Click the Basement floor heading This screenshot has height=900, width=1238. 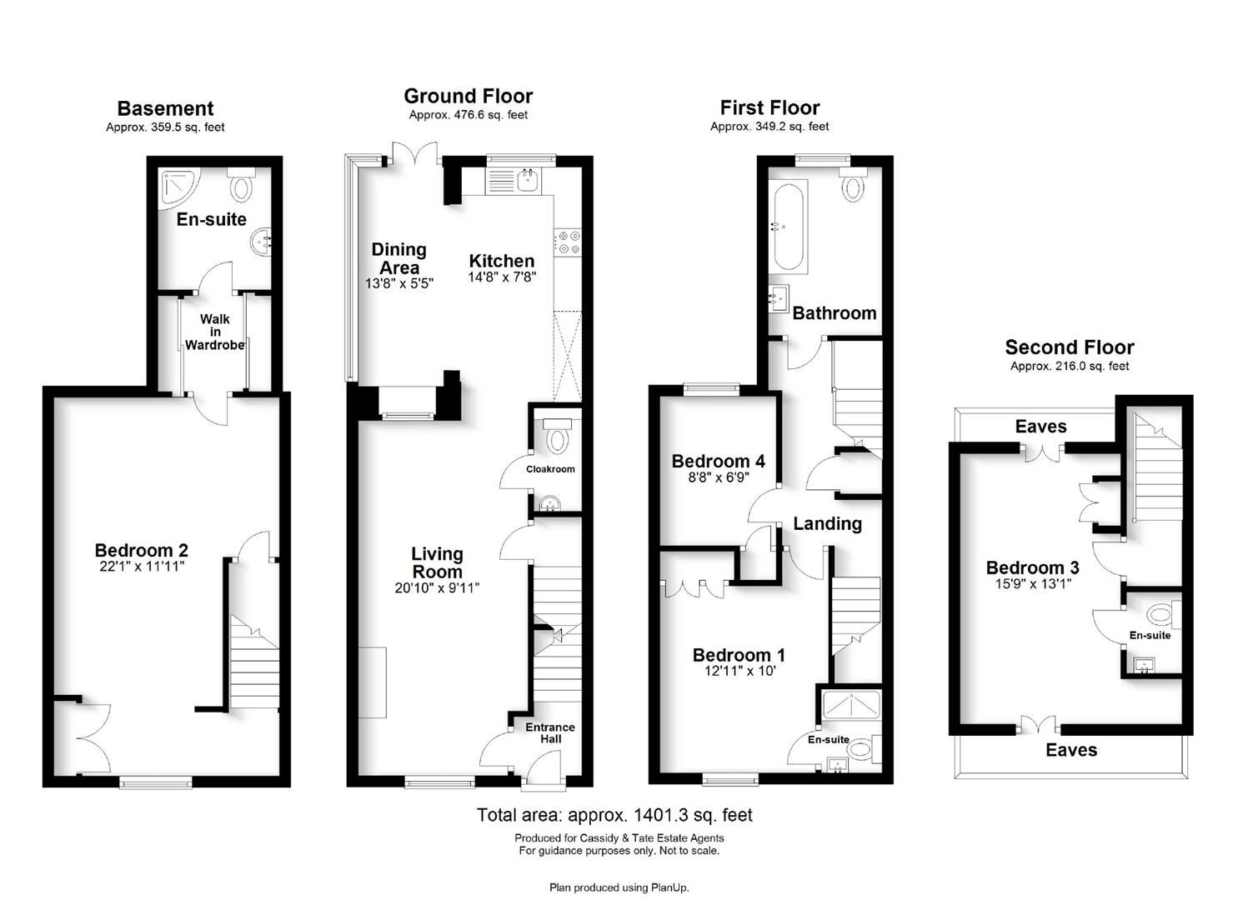(165, 108)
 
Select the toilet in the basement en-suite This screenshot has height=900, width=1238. (241, 184)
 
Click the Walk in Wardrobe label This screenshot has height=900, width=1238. (214, 332)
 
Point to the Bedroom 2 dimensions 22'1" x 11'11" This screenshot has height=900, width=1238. (142, 567)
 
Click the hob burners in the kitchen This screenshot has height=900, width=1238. (568, 242)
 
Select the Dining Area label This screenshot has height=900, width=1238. (399, 258)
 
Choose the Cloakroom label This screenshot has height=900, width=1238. (550, 469)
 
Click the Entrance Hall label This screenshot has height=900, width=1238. (550, 733)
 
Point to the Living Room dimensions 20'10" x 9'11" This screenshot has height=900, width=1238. (437, 587)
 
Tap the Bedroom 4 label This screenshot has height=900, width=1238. (719, 461)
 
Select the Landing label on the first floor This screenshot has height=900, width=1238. (827, 524)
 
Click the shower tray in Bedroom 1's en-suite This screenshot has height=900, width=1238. (850, 704)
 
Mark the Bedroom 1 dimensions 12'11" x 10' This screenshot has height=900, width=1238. (740, 671)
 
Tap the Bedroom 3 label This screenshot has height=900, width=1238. (1032, 567)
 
